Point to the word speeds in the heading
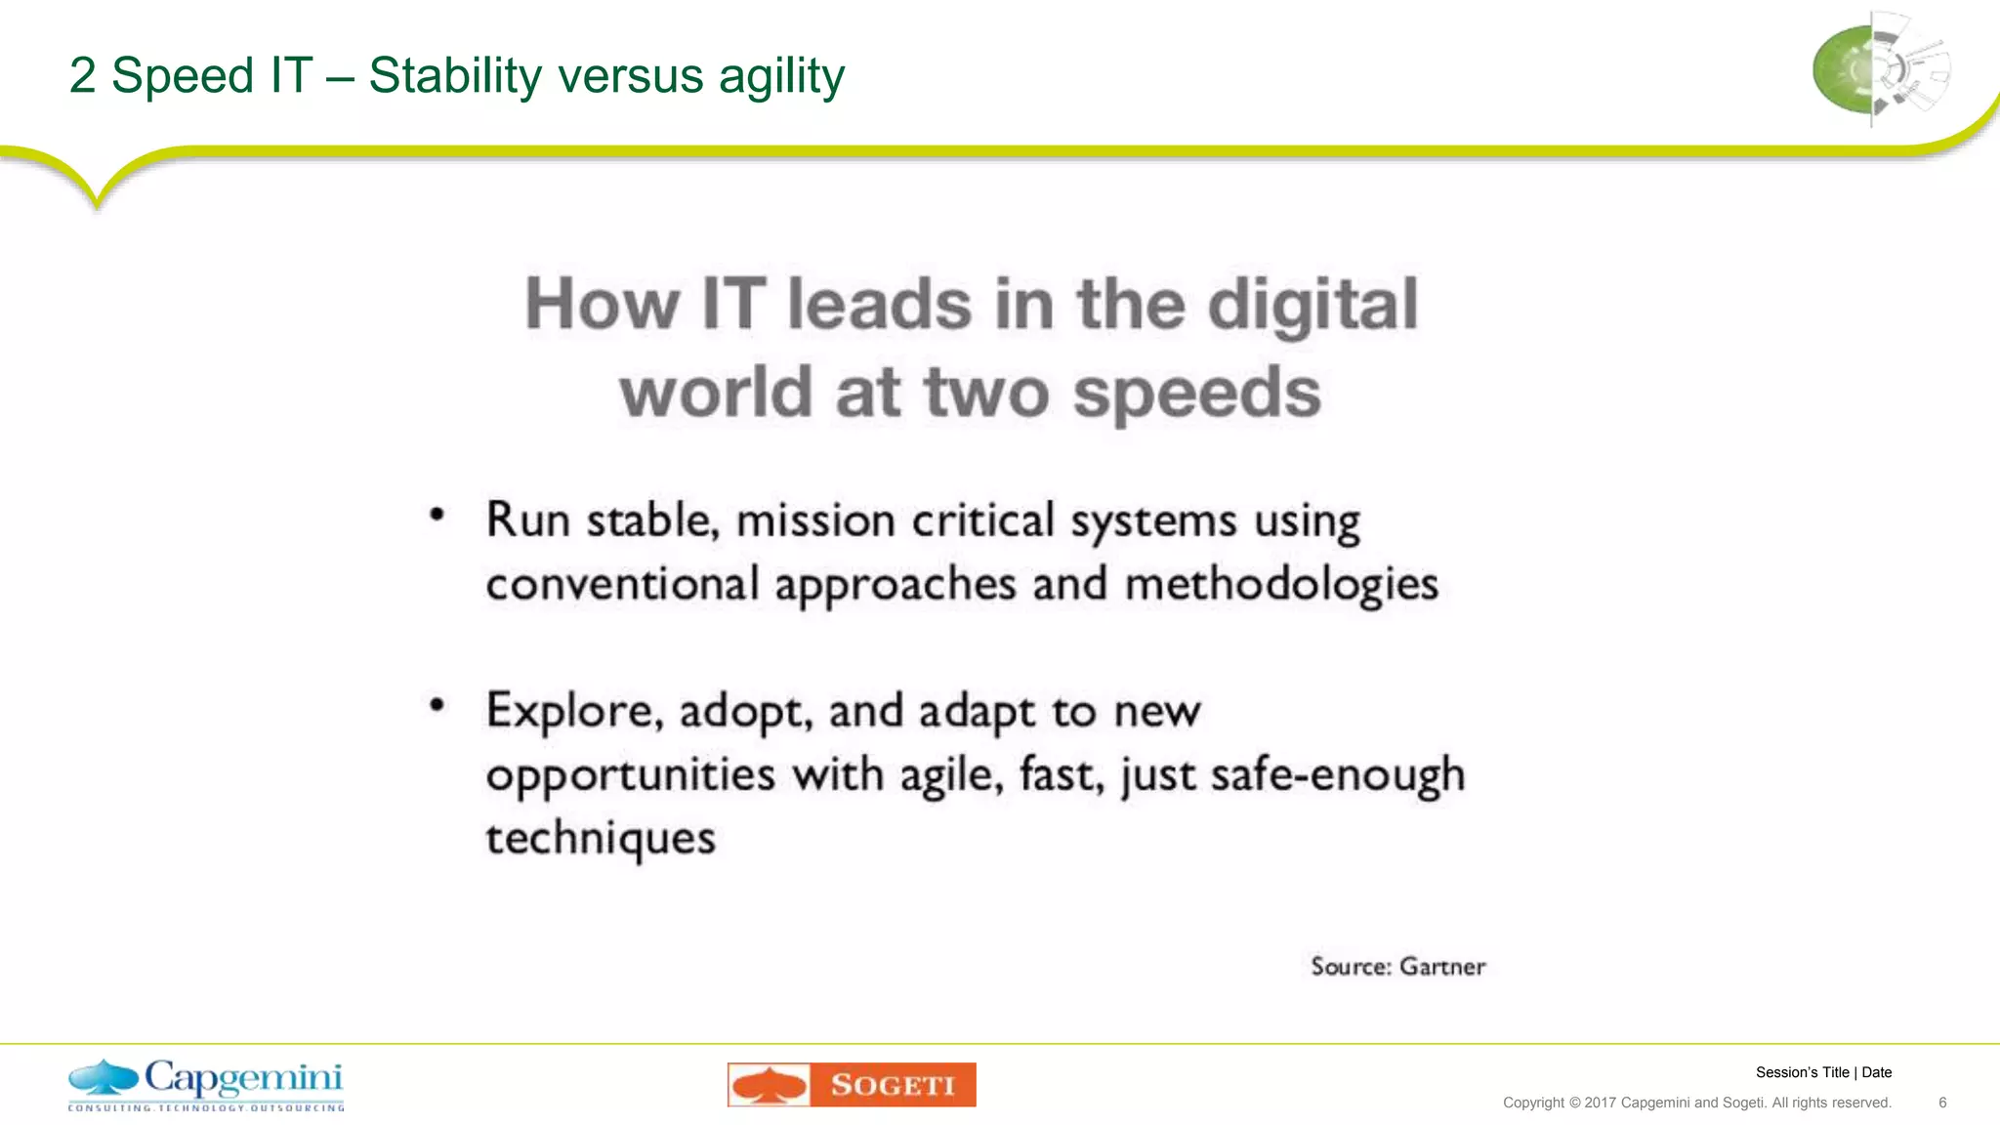point(1196,394)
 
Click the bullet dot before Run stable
point(437,515)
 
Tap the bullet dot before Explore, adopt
point(437,705)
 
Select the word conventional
point(622,585)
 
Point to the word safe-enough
point(1338,775)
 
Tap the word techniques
point(601,839)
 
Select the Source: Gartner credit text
point(1397,967)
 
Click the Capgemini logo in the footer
point(206,1084)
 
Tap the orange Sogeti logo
point(852,1085)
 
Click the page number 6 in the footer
point(1942,1103)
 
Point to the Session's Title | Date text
point(1823,1072)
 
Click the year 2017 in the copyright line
point(1600,1103)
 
